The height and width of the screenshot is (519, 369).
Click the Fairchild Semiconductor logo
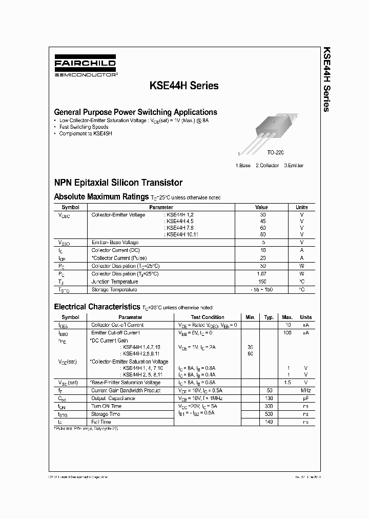click(85, 67)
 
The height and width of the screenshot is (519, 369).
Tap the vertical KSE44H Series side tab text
click(326, 79)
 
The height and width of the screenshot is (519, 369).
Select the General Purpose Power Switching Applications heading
click(135, 112)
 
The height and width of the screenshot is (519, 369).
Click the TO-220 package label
click(275, 153)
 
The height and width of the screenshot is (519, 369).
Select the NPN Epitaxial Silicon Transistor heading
click(118, 183)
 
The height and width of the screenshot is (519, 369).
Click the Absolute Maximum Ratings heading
click(101, 196)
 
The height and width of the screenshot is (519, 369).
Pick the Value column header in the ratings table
click(261, 207)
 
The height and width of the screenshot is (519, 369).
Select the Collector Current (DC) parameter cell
click(115, 250)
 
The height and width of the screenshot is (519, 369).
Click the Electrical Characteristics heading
click(96, 307)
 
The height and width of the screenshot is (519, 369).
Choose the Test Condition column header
click(208, 317)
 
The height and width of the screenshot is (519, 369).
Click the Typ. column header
click(269, 317)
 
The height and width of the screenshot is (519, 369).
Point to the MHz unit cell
click(305, 391)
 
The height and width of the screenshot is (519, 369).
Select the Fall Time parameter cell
click(101, 422)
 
